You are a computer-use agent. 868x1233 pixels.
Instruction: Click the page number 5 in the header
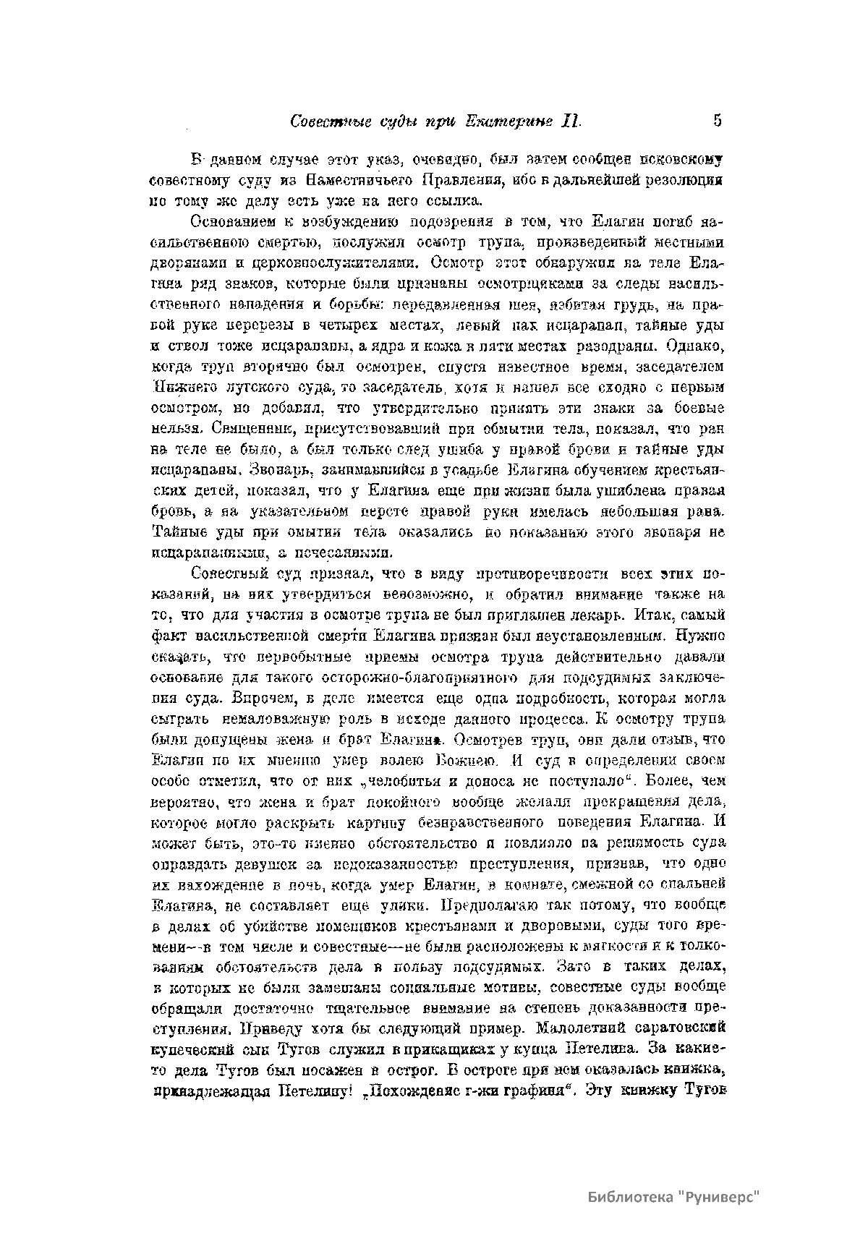(x=717, y=120)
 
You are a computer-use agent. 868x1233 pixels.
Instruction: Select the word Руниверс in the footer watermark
(x=720, y=1197)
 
